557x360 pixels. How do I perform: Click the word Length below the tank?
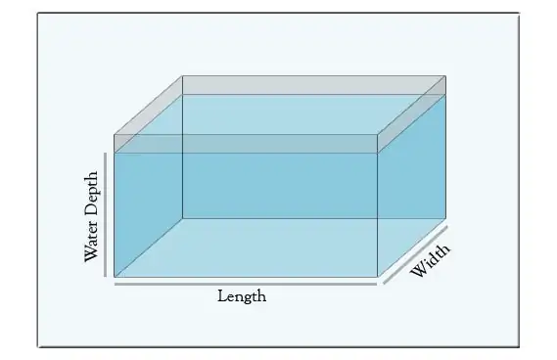click(242, 296)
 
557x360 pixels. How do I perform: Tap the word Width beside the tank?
click(430, 261)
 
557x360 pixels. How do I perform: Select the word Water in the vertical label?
click(91, 242)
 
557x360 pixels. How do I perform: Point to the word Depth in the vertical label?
click(91, 196)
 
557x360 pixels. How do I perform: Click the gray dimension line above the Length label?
click(245, 285)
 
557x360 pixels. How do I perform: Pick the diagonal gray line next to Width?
click(415, 254)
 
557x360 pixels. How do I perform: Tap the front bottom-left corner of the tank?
click(115, 277)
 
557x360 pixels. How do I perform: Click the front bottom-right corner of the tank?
click(378, 277)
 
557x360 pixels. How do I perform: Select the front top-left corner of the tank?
click(115, 134)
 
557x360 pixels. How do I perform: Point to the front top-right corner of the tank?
click(378, 134)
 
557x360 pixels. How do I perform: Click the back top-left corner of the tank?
click(183, 76)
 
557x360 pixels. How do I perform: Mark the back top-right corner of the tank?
click(445, 76)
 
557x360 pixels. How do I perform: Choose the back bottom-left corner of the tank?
click(183, 218)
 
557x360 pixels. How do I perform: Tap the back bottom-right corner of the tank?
click(445, 218)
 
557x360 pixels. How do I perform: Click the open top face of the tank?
click(279, 105)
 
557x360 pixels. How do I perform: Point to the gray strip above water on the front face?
click(245, 144)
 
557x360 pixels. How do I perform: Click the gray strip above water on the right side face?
click(412, 114)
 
